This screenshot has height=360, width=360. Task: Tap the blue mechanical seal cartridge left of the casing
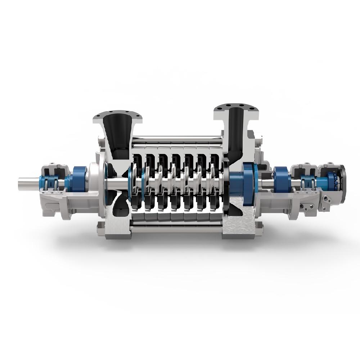[x=77, y=179]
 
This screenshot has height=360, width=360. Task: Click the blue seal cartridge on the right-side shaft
[x=281, y=179]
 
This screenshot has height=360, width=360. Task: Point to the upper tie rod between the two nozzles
[x=176, y=138]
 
